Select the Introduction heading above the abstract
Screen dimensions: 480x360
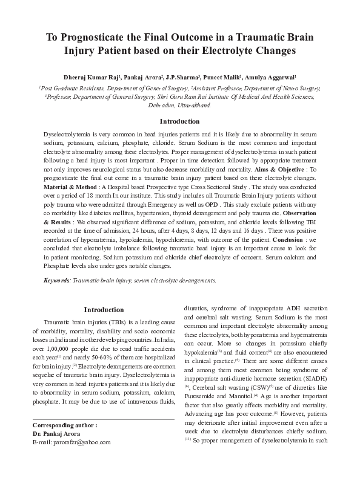(x=179, y=121)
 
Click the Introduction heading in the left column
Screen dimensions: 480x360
(x=104, y=310)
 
